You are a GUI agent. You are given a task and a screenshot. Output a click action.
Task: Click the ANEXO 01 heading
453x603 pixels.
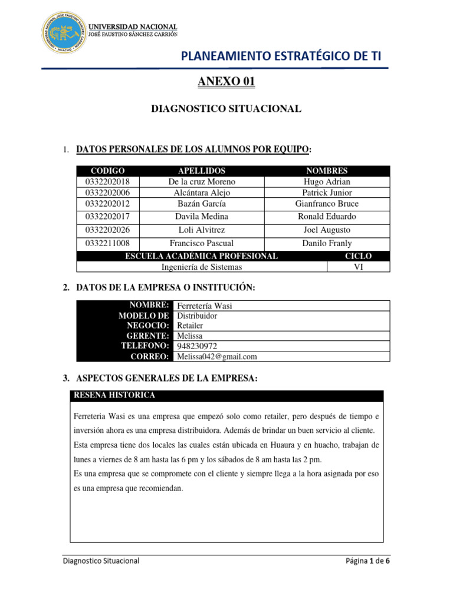(x=226, y=82)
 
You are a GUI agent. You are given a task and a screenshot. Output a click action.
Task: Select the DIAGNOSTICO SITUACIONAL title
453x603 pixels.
(x=226, y=108)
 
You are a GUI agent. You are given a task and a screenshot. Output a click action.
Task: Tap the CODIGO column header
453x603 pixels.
(x=104, y=171)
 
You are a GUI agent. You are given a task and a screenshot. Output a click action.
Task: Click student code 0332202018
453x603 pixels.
(x=104, y=181)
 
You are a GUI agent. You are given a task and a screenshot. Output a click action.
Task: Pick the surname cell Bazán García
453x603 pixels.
(x=201, y=204)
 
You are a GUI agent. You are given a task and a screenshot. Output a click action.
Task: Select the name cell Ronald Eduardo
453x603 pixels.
(x=327, y=216)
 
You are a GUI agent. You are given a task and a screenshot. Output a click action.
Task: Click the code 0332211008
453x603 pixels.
(x=104, y=243)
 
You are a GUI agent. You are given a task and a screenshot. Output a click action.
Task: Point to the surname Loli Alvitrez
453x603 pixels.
(x=201, y=230)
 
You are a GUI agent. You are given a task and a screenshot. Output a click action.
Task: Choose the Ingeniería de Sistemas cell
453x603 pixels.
(x=202, y=267)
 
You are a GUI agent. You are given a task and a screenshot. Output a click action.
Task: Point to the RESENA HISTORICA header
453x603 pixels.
(x=113, y=395)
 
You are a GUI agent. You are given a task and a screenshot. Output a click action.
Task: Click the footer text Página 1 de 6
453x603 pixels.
(x=368, y=561)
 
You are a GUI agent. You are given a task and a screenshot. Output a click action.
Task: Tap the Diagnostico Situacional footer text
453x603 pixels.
(x=101, y=561)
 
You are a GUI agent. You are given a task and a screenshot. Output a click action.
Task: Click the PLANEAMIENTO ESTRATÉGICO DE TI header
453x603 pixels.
(x=281, y=56)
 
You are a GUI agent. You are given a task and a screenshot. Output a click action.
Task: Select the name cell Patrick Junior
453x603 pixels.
(x=327, y=193)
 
